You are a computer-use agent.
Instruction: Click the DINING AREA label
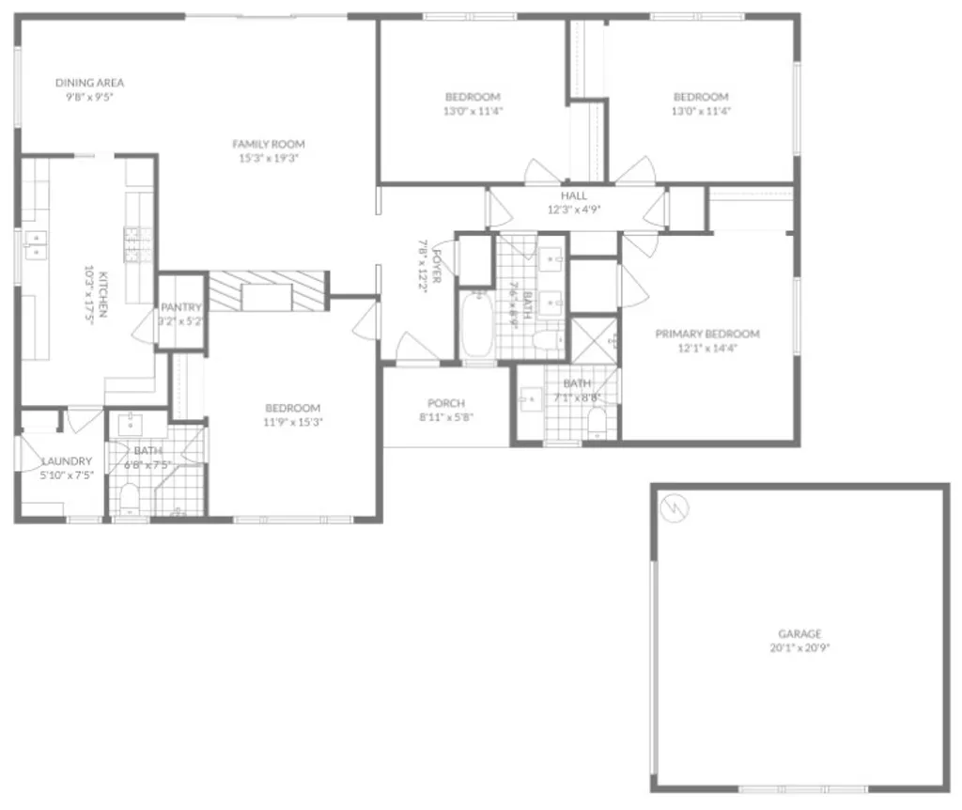pyautogui.click(x=89, y=83)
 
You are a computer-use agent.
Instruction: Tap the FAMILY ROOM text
pyautogui.click(x=269, y=144)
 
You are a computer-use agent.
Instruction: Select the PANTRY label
pyautogui.click(x=180, y=307)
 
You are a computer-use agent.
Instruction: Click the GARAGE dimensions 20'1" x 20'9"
pyautogui.click(x=799, y=647)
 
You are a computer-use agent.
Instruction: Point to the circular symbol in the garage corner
pyautogui.click(x=673, y=509)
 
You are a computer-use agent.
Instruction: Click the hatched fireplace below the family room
pyautogui.click(x=268, y=291)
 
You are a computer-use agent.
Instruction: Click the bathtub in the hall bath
pyautogui.click(x=476, y=325)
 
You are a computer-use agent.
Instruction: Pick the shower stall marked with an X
pyautogui.click(x=594, y=339)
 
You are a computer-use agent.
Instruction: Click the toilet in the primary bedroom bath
pyautogui.click(x=597, y=424)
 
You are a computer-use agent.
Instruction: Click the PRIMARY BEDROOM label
pyautogui.click(x=706, y=334)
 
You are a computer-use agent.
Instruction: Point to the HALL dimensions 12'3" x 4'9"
pyautogui.click(x=573, y=210)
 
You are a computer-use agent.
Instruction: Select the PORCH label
pyautogui.click(x=445, y=403)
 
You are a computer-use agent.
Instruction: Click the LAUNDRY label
pyautogui.click(x=67, y=460)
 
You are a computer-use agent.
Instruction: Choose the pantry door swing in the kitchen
pyautogui.click(x=145, y=325)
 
